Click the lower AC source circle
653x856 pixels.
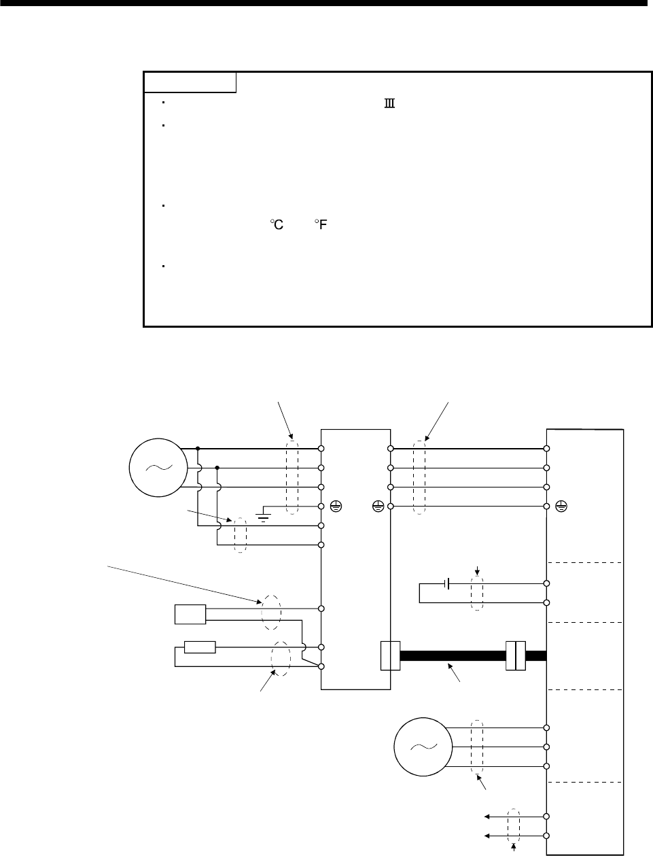(421, 747)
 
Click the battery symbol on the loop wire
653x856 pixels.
(446, 583)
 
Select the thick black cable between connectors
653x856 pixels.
(453, 656)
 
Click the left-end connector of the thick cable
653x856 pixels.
(390, 655)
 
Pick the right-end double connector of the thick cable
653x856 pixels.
(516, 655)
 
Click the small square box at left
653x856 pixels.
(190, 614)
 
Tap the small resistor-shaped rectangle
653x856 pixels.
(200, 647)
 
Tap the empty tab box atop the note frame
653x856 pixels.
(190, 82)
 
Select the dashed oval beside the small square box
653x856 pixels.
(271, 609)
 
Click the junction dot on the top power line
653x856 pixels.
(198, 449)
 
